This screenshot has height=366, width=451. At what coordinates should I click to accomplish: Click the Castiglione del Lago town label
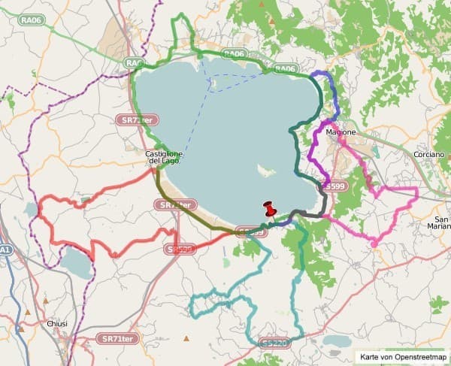[x=164, y=158]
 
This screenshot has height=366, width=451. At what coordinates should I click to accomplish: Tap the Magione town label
[x=341, y=132]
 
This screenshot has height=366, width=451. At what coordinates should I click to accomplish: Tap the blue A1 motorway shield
[x=5, y=250]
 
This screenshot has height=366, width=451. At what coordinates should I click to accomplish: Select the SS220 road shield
[x=275, y=343]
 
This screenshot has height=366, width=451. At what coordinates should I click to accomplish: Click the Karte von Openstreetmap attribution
[x=403, y=357]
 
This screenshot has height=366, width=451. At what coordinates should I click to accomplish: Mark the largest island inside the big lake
[x=265, y=171]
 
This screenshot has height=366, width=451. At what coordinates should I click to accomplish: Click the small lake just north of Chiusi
[x=75, y=263]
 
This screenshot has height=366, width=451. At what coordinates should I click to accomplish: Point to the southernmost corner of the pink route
[x=374, y=244]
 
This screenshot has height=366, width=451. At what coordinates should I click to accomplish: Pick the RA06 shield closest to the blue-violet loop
[x=285, y=69]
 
